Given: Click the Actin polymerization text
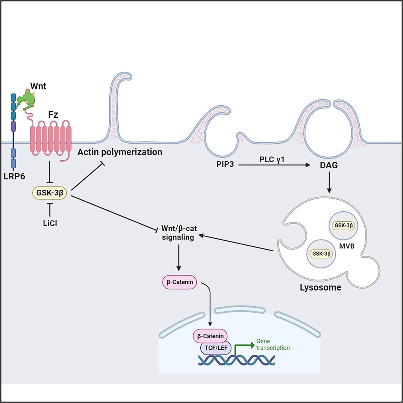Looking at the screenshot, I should tap(120, 152).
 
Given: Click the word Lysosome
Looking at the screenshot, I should tap(322, 288).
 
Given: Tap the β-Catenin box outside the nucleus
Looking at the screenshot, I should tap(179, 282).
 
